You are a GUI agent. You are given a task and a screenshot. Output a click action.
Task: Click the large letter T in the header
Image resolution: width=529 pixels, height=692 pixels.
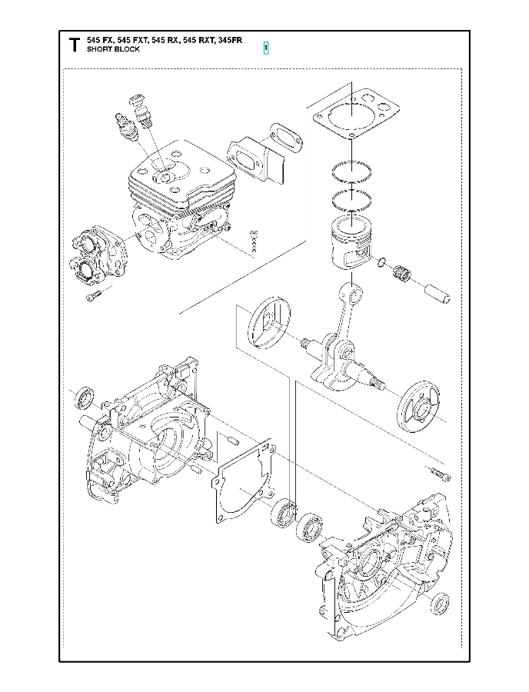74,45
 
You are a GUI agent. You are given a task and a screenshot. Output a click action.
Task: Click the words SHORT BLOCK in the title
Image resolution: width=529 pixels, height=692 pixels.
113,49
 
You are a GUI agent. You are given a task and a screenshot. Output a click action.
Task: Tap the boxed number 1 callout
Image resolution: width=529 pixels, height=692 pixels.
265,47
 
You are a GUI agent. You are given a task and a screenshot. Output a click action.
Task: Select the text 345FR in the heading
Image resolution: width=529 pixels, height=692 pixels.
230,40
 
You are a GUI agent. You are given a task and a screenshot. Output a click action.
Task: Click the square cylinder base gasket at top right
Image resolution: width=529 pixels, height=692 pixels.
357,113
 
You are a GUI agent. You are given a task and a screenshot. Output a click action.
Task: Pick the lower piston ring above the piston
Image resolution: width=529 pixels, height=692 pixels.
351,199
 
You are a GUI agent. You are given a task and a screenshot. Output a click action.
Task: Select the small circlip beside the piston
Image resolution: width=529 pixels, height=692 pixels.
381,263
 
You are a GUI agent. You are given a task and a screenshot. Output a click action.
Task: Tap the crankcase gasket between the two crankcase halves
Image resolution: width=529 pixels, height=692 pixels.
244,482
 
